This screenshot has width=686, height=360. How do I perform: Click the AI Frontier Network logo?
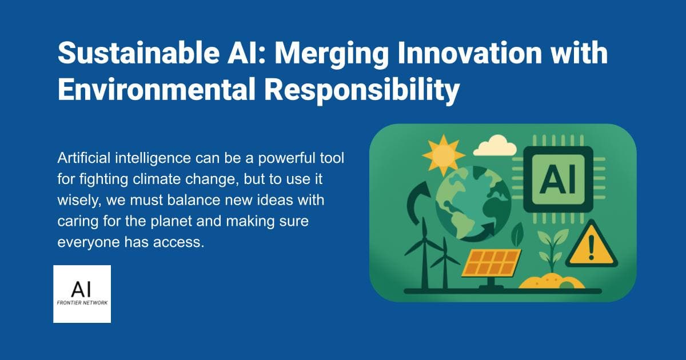(x=82, y=294)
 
